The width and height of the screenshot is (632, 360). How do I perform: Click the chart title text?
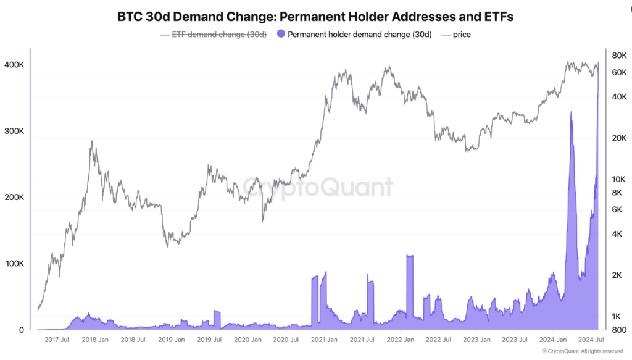pyautogui.click(x=315, y=17)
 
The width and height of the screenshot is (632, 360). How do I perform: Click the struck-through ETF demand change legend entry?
pyautogui.click(x=214, y=35)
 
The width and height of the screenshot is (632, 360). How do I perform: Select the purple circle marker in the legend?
pyautogui.click(x=281, y=35)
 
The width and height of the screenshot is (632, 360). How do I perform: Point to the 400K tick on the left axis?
pyautogui.click(x=14, y=65)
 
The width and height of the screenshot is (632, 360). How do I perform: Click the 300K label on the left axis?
pyautogui.click(x=14, y=132)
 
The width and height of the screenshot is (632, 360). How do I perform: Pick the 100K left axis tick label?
pyautogui.click(x=14, y=264)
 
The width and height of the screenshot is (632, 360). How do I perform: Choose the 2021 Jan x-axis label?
pyautogui.click(x=323, y=340)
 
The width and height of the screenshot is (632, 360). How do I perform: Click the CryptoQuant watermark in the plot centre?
pyautogui.click(x=317, y=186)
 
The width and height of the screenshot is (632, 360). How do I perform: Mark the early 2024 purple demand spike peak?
pyautogui.click(x=571, y=112)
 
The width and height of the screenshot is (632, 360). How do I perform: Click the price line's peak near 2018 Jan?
pyautogui.click(x=91, y=141)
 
